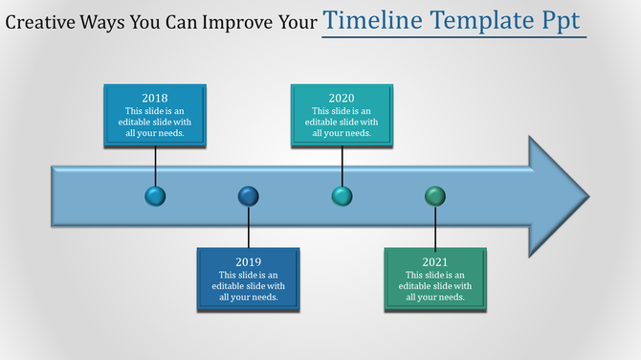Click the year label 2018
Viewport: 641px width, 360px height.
tap(155, 98)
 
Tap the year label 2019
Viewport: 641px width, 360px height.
tap(249, 261)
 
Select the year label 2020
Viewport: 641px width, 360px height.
tap(342, 98)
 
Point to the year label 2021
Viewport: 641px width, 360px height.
tap(435, 261)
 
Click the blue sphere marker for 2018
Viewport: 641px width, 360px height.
tap(155, 196)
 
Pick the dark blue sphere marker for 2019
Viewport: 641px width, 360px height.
tap(249, 196)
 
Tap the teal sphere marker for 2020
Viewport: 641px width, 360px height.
tap(342, 196)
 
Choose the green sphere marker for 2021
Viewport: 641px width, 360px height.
tap(435, 196)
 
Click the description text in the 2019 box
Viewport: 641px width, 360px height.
tap(249, 285)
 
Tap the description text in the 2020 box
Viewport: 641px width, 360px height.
tap(342, 122)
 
